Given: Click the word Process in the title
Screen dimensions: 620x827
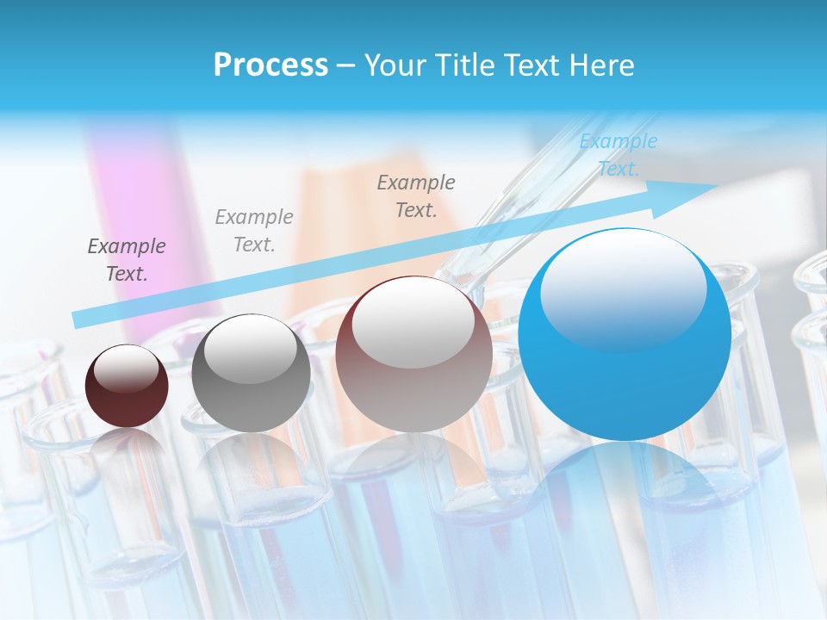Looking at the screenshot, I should point(270,65).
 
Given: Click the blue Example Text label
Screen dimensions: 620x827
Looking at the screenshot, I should point(619,155).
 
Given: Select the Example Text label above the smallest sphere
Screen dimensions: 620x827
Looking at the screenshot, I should point(127,260).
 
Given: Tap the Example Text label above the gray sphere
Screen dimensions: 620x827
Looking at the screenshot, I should point(254,231).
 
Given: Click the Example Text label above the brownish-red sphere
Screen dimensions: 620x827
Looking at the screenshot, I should point(416,195).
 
